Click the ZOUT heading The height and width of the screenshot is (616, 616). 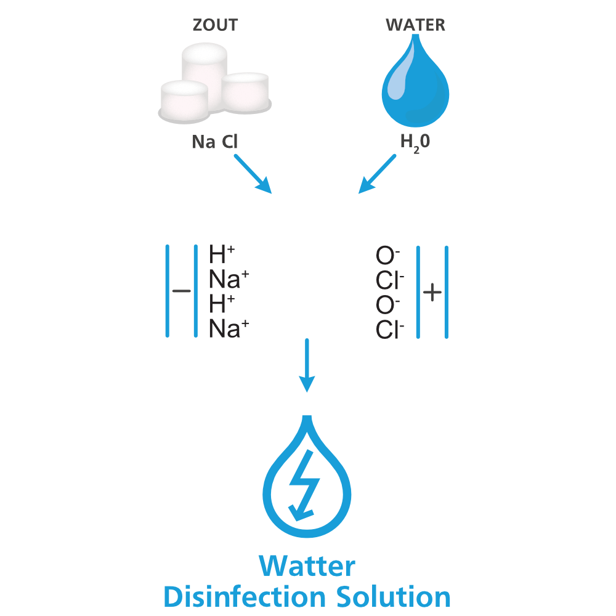tap(215, 25)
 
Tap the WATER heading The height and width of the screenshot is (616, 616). tap(415, 25)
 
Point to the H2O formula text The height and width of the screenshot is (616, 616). tap(415, 143)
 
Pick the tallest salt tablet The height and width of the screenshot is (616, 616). tap(204, 68)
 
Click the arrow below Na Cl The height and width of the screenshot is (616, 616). tap(253, 173)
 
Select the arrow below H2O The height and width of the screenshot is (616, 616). tap(378, 173)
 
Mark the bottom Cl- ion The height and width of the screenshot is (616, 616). tap(390, 331)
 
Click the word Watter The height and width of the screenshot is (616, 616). tap(307, 565)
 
